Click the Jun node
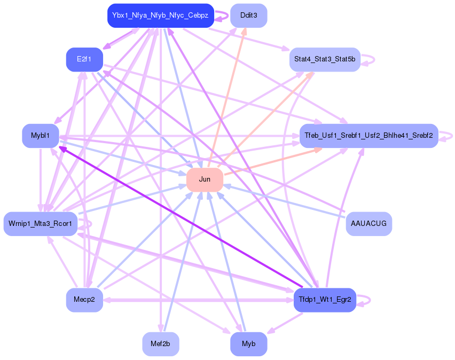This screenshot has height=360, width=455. (x=205, y=179)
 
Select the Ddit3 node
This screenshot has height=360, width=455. (x=248, y=15)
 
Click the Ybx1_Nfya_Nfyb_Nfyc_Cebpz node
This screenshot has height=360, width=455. (x=160, y=15)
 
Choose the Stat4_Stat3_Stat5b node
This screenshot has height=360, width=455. (x=325, y=59)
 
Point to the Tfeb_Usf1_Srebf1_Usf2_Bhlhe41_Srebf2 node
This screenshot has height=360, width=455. (x=368, y=136)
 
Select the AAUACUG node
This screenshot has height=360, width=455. (x=368, y=223)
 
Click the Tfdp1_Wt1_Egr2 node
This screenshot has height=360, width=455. (x=325, y=300)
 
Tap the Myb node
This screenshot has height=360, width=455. (x=248, y=343)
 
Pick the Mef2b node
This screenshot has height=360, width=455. (x=160, y=343)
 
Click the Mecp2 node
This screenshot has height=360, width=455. (x=84, y=300)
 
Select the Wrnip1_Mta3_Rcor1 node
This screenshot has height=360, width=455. (x=40, y=223)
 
